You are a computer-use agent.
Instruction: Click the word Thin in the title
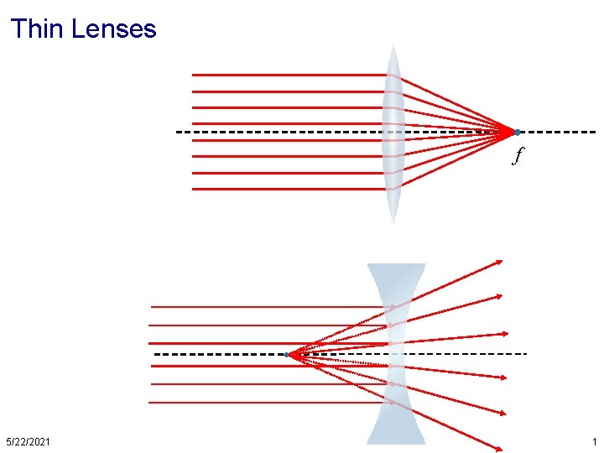click(38, 29)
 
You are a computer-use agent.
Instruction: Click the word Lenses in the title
click(114, 29)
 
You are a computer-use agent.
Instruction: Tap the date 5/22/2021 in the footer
click(28, 441)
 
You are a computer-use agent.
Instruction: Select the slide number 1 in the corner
click(594, 441)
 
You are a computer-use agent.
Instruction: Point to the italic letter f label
click(518, 155)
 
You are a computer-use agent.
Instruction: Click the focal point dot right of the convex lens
click(518, 132)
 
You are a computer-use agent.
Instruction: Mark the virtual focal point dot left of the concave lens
click(286, 355)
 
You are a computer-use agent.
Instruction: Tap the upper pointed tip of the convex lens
click(393, 46)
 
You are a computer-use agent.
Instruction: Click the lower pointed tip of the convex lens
click(393, 221)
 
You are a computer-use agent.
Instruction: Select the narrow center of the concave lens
click(397, 354)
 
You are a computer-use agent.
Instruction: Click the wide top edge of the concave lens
click(397, 266)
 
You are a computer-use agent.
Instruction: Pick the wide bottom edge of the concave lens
click(396, 442)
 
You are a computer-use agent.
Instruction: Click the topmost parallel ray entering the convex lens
click(285, 75)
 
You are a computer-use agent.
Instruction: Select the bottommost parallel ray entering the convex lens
click(285, 189)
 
